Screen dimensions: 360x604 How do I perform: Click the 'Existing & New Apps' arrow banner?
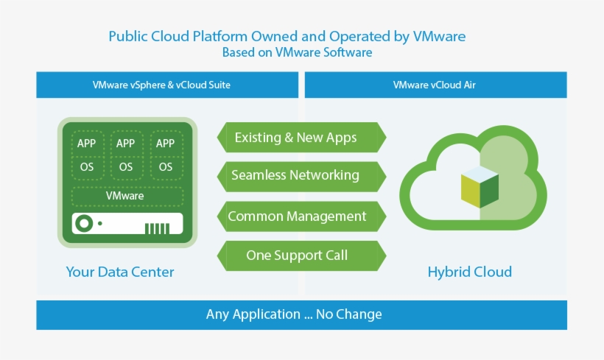point(301,138)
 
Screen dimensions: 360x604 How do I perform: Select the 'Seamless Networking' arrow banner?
point(301,176)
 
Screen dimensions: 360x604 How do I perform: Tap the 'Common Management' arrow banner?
point(301,216)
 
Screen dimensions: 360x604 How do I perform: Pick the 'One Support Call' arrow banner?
point(301,255)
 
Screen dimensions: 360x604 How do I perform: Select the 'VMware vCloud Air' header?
point(435,85)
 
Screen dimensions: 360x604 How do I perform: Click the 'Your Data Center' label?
point(120,272)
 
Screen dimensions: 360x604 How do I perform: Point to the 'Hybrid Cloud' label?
point(469,272)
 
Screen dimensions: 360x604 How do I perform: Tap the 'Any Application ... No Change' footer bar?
point(301,314)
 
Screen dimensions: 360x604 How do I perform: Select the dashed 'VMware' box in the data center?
point(125,197)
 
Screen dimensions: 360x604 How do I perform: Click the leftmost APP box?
point(86,143)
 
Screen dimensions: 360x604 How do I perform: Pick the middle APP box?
point(126,143)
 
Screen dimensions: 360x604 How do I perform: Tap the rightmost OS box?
point(166,167)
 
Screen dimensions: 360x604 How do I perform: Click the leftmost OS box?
point(86,167)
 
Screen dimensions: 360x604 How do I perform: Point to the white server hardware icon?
point(127,223)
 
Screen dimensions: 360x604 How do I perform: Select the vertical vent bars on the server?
point(158,227)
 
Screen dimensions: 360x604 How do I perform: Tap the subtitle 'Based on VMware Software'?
point(297,53)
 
